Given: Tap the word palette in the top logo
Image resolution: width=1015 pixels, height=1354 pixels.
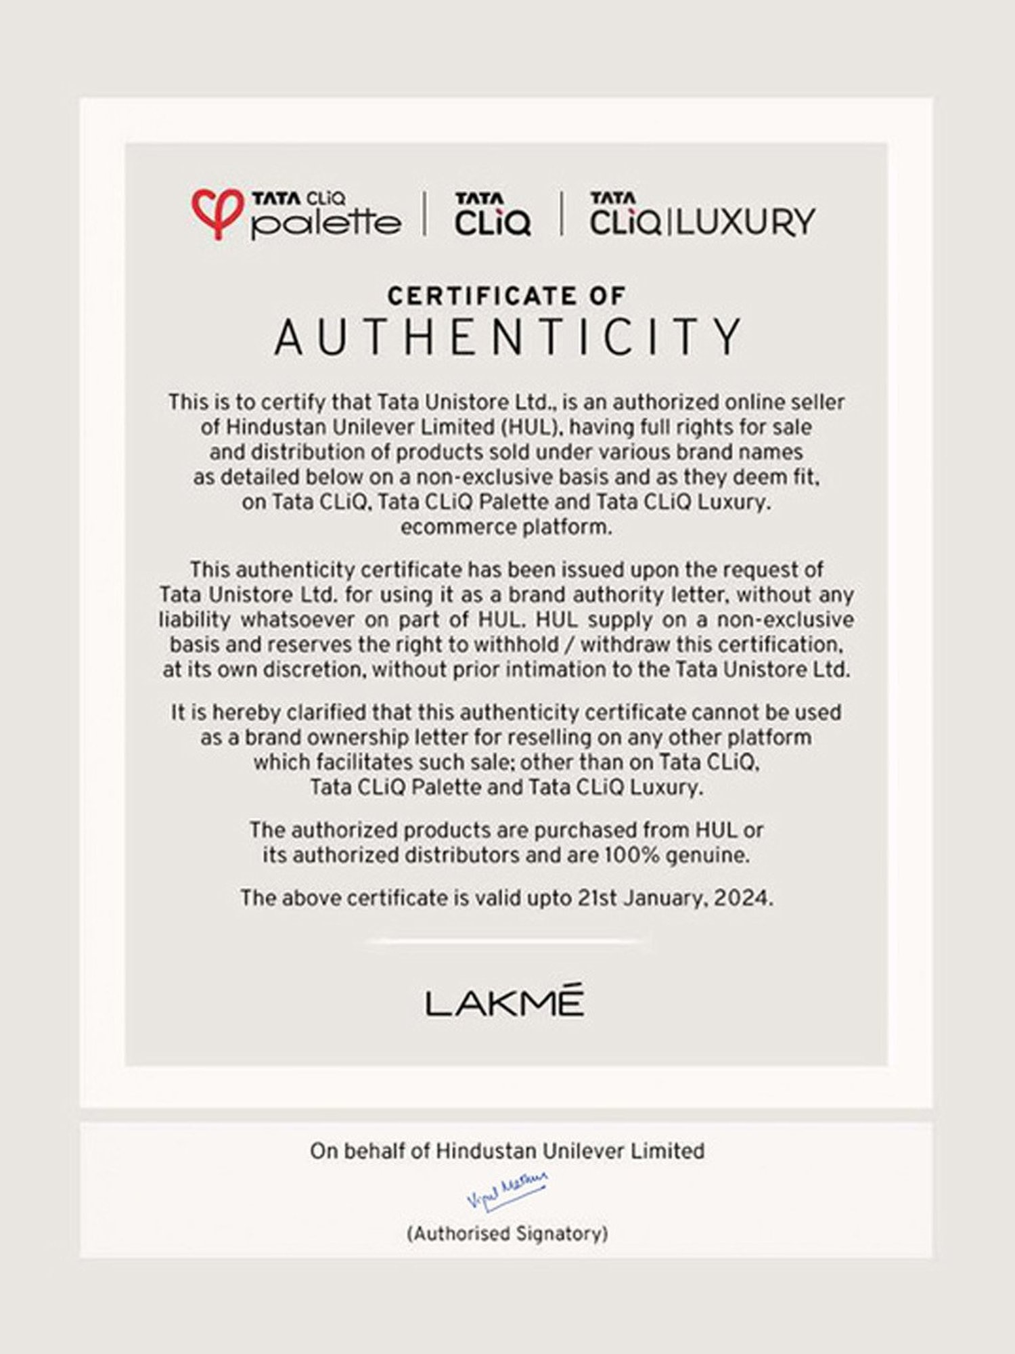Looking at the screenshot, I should [x=325, y=223].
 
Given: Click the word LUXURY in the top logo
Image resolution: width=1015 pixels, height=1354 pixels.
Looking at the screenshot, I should [x=746, y=222].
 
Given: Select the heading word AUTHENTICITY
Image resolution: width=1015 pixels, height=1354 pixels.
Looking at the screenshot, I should [x=507, y=337].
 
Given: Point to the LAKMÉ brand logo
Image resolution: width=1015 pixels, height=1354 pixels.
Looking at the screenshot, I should [x=505, y=1003].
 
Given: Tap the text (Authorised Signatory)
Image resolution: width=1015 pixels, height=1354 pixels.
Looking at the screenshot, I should [x=507, y=1233].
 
